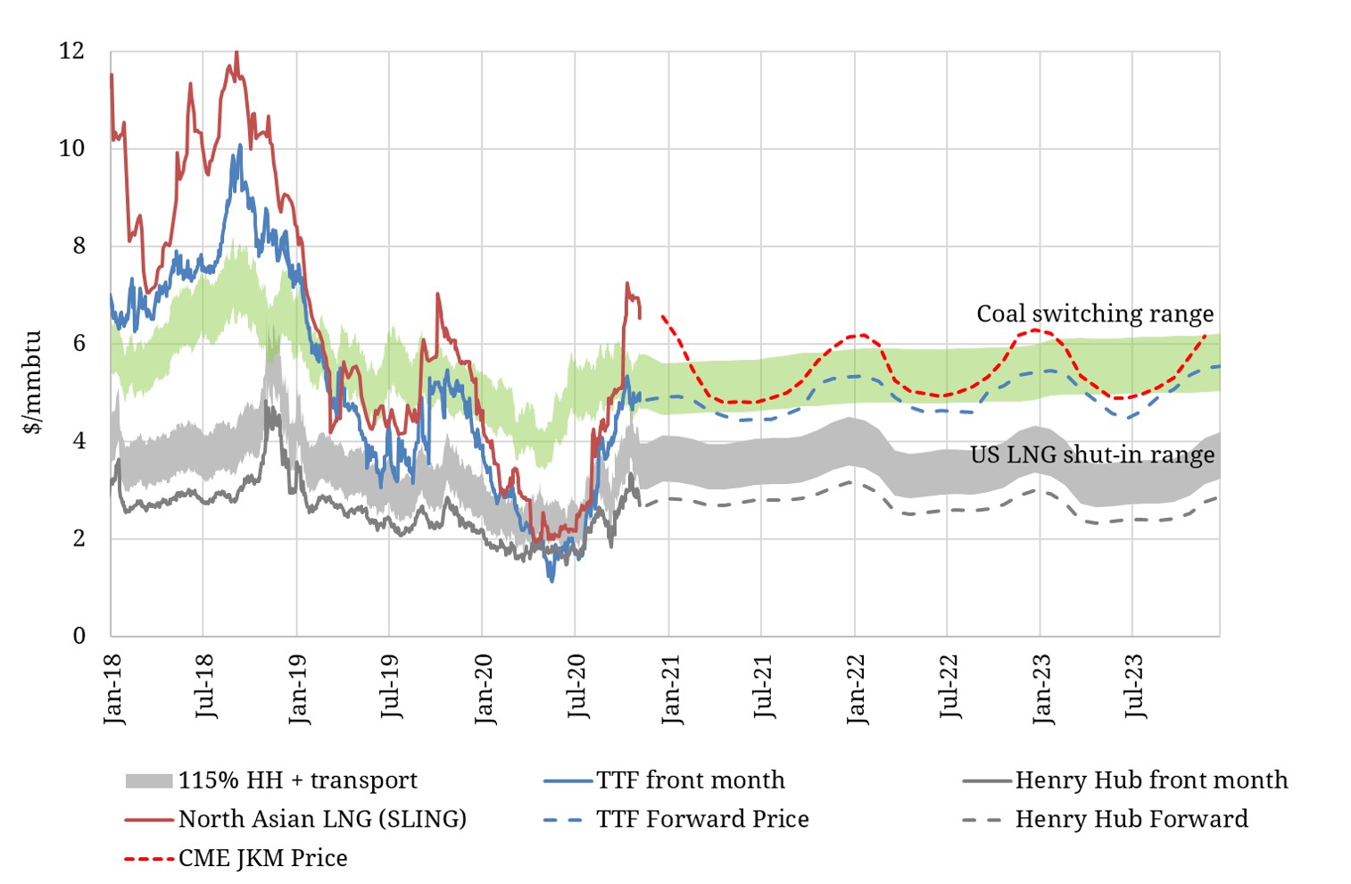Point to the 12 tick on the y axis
coord(72,51)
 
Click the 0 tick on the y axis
coord(79,636)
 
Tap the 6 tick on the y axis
coord(79,343)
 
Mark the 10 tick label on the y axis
coord(72,148)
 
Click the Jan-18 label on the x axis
coord(113,688)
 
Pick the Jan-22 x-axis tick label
coord(856,688)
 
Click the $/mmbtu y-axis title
coord(33,382)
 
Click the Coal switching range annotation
coord(1095,313)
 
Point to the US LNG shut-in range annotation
coord(1092,455)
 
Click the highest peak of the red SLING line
coord(236,52)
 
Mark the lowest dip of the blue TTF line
coord(552,581)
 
